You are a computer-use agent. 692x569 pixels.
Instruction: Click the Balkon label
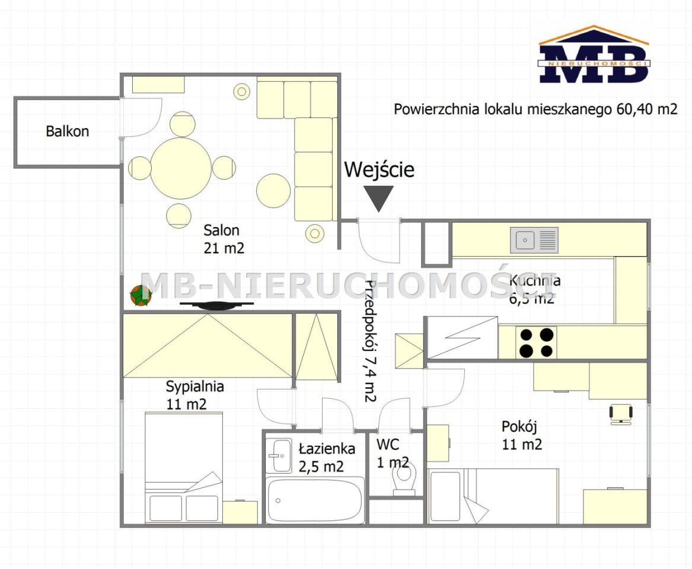coord(68,131)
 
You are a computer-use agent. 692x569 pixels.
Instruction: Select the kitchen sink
coord(534,240)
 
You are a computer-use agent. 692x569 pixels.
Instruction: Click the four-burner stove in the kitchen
coord(536,342)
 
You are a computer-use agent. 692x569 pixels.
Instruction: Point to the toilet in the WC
coord(404,480)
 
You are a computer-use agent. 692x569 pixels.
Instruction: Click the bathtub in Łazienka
coord(315,500)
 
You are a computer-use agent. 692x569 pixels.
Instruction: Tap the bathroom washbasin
coord(279,456)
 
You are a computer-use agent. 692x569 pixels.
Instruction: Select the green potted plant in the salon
coord(141,295)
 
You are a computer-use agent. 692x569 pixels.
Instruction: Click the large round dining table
coord(181,168)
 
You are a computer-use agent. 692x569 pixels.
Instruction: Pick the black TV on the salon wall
coord(216,305)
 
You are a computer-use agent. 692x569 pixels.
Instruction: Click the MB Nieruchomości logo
coord(594,55)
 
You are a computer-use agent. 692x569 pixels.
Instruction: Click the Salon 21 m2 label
coord(224,239)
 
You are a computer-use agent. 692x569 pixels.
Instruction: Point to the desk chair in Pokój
coord(621,414)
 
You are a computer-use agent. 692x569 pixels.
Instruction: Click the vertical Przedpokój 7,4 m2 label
coord(370,341)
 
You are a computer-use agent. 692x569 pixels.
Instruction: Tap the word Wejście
coord(379,170)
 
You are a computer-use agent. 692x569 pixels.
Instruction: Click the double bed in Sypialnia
coord(184,468)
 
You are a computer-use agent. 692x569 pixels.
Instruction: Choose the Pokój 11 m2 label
coord(522,435)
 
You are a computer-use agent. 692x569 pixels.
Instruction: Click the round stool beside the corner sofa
coord(273,190)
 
